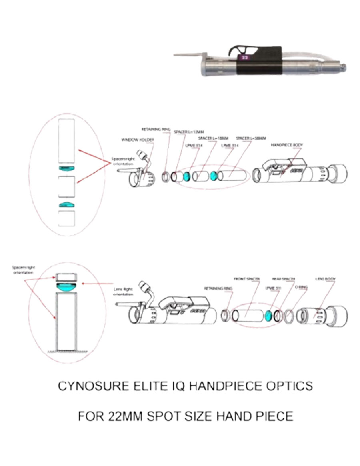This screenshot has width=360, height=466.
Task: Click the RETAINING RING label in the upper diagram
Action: pyautogui.click(x=156, y=130)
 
